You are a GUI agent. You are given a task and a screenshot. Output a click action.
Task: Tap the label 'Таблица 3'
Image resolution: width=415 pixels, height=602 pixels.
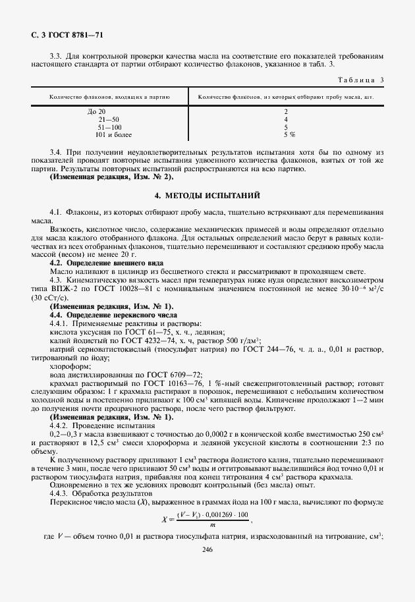click(361, 80)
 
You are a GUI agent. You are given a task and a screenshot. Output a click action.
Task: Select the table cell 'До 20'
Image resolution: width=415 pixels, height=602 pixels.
click(96, 111)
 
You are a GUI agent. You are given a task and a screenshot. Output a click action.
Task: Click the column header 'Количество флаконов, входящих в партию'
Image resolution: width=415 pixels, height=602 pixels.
click(109, 97)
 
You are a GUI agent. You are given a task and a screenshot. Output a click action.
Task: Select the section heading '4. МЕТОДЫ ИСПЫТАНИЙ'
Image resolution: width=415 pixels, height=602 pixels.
click(207, 196)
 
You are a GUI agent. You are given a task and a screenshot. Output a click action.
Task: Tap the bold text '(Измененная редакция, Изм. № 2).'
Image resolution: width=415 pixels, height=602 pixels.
click(112, 177)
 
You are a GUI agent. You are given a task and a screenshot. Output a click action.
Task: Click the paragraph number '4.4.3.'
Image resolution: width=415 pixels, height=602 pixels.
click(60, 493)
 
